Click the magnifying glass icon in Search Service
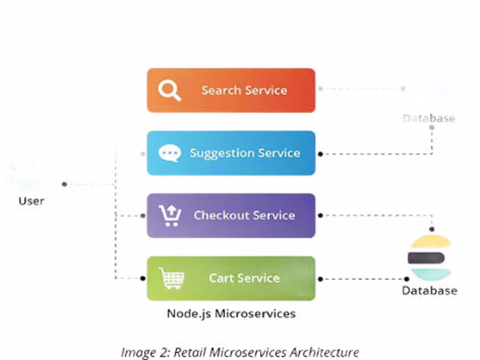169,91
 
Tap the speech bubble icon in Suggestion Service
169,153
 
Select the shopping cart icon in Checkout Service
169,215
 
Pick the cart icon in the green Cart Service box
171,278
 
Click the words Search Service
244,91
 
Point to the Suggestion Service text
245,153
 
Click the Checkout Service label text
244,215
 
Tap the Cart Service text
244,278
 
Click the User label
32,201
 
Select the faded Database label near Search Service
429,119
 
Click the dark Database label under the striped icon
429,291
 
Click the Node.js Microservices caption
231,313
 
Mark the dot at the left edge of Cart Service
143,278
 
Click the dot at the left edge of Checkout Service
143,215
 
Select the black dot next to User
64,184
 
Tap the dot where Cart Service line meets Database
406,278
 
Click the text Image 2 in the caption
145,352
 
